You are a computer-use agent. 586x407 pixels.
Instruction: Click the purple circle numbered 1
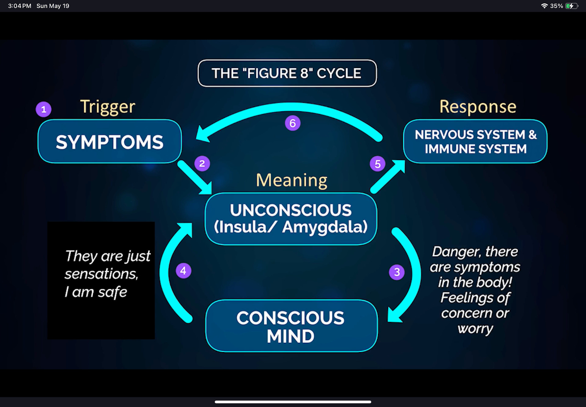click(x=44, y=109)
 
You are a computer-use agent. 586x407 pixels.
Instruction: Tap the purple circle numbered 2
click(x=202, y=163)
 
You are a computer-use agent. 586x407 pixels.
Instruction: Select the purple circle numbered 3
click(x=397, y=272)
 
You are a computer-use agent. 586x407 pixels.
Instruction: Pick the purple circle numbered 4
click(x=183, y=271)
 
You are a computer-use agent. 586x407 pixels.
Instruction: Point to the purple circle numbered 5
click(x=378, y=164)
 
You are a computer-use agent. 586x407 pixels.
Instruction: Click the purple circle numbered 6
click(x=293, y=123)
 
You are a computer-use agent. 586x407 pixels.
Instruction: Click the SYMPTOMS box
click(x=110, y=142)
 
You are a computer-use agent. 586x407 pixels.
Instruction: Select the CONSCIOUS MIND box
click(x=291, y=326)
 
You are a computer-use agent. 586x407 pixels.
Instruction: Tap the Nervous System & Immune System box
click(x=475, y=142)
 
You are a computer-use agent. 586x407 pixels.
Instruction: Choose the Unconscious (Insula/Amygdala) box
click(x=291, y=219)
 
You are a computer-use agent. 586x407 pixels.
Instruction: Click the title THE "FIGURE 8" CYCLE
click(x=287, y=73)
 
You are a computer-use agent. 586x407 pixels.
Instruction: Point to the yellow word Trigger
click(x=108, y=107)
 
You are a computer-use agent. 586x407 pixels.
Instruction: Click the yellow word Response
click(x=478, y=107)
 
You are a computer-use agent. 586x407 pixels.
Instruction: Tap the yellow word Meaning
click(x=292, y=180)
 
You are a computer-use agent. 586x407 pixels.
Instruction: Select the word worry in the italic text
click(x=475, y=329)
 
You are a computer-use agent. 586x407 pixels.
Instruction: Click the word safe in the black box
click(x=112, y=292)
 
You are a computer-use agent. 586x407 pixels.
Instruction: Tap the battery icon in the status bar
click(x=571, y=6)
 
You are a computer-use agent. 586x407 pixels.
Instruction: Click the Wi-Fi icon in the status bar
click(x=544, y=6)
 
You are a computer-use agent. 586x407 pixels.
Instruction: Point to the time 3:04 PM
click(x=20, y=6)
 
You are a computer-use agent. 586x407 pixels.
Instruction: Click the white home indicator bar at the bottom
click(x=293, y=402)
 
